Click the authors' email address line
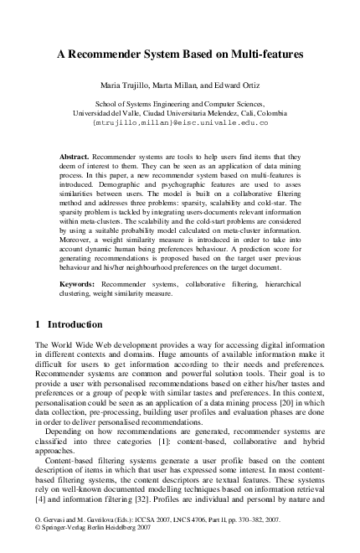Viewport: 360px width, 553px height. coord(180,122)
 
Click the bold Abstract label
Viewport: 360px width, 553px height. coord(75,157)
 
